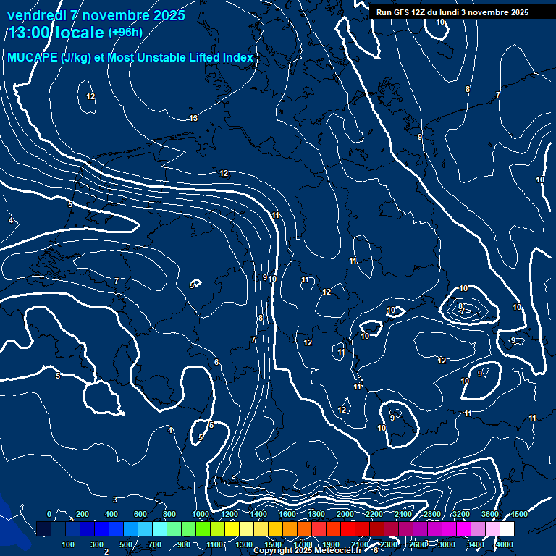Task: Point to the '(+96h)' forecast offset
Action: click(125, 33)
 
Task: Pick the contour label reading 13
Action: click(193, 118)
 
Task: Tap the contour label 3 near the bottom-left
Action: click(115, 500)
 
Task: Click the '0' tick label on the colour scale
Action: click(49, 514)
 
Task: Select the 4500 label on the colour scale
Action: click(519, 514)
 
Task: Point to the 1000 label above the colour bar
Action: click(201, 514)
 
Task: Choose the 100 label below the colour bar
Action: click(69, 544)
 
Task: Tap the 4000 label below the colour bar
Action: click(505, 544)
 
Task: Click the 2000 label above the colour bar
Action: click(345, 514)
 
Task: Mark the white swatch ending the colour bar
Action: click(507, 529)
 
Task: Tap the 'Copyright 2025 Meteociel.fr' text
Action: click(306, 551)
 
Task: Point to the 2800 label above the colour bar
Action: click(432, 514)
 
